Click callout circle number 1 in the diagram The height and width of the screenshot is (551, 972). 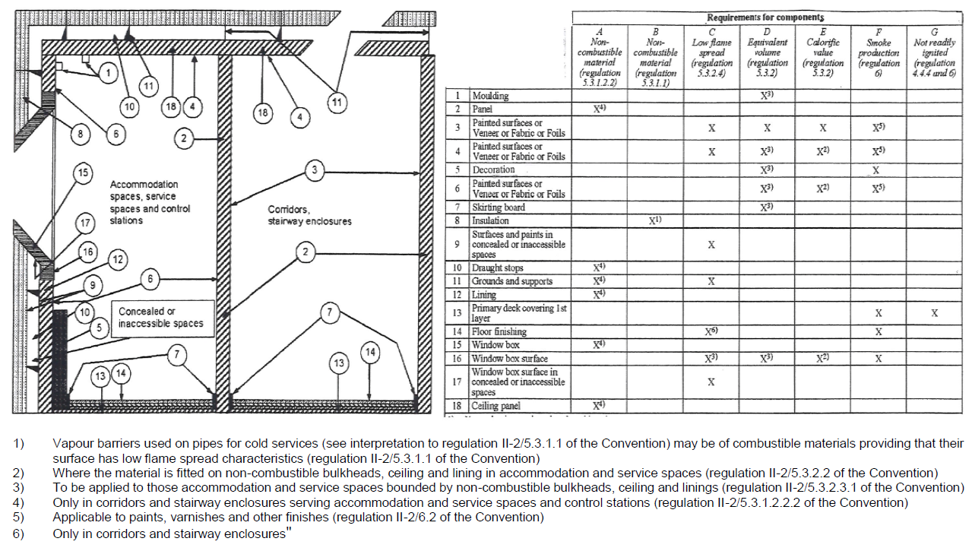[108, 73]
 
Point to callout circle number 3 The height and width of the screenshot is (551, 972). [315, 170]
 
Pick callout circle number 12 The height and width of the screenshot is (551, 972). [118, 260]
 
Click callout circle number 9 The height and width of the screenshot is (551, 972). [92, 285]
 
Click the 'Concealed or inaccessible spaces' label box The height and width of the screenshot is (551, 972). [161, 318]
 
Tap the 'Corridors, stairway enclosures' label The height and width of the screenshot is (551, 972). [309, 215]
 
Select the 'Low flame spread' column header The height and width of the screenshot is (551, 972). [711, 52]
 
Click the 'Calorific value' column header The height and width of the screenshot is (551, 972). [822, 52]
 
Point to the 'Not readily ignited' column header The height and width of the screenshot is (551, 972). [935, 52]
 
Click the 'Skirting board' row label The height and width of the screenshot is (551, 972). [499, 207]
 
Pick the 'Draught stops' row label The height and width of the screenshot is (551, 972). [497, 268]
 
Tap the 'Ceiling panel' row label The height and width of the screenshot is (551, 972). [495, 407]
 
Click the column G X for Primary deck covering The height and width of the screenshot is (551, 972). [935, 313]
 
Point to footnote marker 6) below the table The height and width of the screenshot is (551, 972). [18, 534]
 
